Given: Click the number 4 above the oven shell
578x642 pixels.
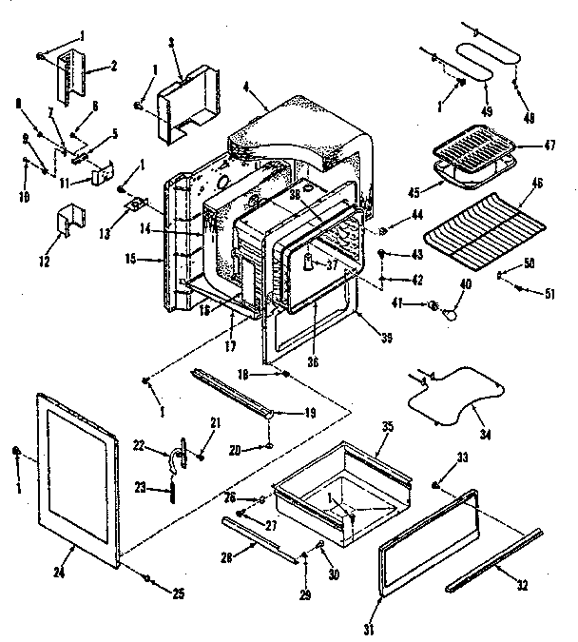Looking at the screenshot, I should pyautogui.click(x=246, y=89).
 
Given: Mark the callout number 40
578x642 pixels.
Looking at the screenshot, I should pyautogui.click(x=465, y=283).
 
